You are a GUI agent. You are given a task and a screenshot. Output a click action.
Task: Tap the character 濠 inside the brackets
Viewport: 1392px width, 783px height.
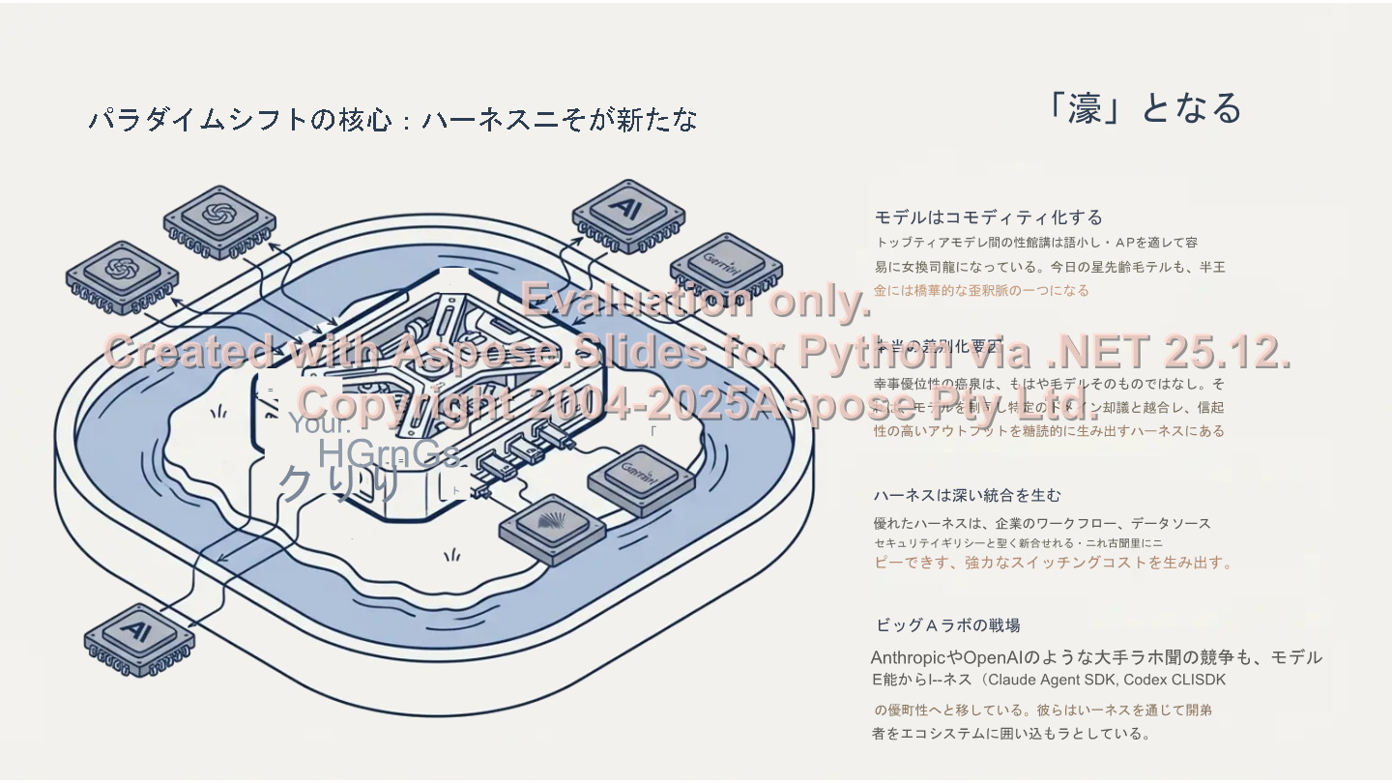(x=1085, y=108)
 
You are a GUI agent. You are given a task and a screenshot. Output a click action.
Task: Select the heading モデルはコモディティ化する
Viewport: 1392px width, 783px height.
(x=988, y=217)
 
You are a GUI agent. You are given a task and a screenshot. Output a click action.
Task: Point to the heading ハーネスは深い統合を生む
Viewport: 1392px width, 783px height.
(x=967, y=495)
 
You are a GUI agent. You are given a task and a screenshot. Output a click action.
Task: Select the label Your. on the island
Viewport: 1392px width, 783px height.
(x=319, y=423)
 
